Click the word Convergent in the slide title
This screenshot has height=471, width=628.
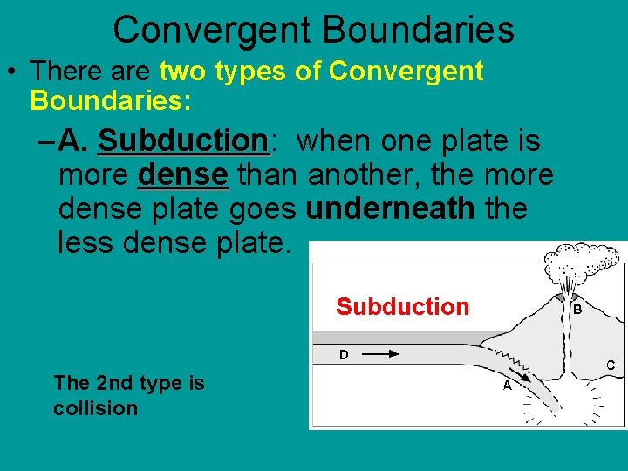[212, 30]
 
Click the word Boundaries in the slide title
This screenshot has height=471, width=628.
[419, 30]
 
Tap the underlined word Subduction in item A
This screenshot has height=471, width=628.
[182, 140]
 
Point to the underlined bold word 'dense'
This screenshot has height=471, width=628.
[182, 174]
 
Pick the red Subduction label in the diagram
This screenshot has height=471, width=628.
[402, 307]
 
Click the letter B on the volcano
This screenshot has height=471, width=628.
[577, 309]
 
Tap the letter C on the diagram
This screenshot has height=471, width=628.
[611, 365]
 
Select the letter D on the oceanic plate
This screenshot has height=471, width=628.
[344, 355]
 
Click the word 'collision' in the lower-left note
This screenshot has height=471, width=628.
[95, 408]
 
